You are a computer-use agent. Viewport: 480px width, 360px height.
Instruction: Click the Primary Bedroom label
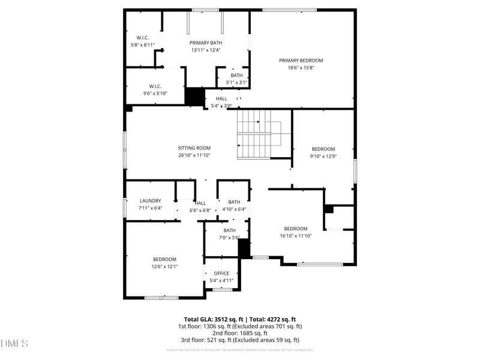tap(301, 60)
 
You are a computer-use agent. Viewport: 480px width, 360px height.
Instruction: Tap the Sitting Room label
tap(194, 148)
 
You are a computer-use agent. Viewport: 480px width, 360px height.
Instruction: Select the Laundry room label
tap(150, 201)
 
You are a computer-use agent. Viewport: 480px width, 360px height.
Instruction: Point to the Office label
tap(221, 273)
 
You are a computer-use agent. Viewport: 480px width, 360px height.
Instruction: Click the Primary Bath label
tap(206, 43)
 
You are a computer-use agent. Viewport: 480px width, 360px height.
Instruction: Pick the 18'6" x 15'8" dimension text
tap(301, 68)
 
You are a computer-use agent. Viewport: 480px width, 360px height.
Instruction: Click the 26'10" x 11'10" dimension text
tap(194, 155)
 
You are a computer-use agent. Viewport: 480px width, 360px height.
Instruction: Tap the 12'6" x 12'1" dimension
tap(164, 266)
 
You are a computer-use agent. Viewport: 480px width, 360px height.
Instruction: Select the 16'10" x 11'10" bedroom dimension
tap(295, 236)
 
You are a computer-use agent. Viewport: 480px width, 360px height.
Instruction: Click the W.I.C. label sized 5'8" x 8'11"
tap(142, 37)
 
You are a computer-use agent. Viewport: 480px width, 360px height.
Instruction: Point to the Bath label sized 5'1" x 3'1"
tap(236, 75)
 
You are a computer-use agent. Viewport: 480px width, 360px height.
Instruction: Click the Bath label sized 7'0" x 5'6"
tap(230, 230)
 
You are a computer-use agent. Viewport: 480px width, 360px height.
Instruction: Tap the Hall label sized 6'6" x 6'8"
tap(200, 203)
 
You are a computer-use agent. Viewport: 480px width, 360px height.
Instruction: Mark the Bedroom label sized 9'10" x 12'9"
tap(323, 149)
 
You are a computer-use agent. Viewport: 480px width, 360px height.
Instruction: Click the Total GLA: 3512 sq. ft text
tap(213, 319)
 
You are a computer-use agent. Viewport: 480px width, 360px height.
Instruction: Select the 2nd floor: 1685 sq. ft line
tap(239, 333)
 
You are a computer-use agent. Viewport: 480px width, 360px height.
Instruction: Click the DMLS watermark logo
tap(14, 344)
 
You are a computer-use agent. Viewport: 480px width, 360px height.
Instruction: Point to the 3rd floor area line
tap(239, 340)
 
